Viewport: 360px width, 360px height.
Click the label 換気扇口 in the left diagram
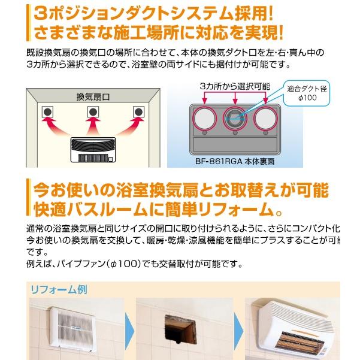pyautogui.click(x=92, y=96)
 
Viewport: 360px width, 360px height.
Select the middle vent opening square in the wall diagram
pyautogui.click(x=93, y=112)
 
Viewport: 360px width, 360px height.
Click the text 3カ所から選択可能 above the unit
pyautogui.click(x=235, y=87)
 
